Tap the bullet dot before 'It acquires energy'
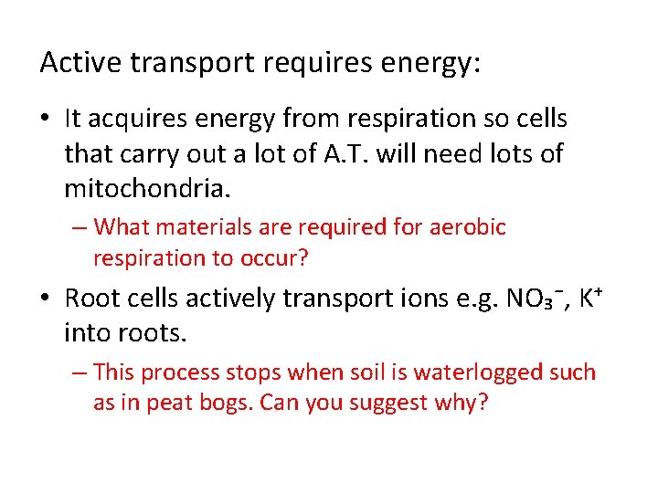pyautogui.click(x=46, y=120)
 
